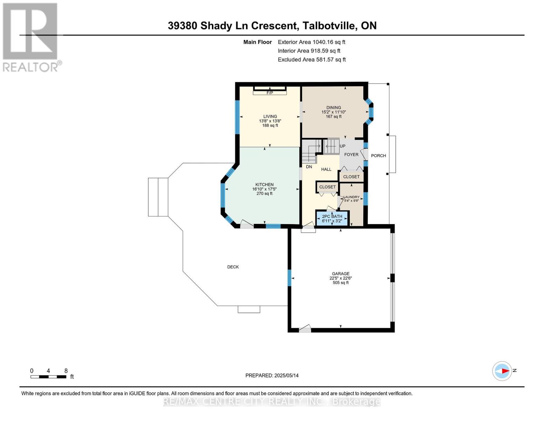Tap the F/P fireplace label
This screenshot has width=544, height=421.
[270, 93]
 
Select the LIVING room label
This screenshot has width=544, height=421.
[270, 116]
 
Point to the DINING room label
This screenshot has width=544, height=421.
[333, 108]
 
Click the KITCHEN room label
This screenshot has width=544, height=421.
[264, 185]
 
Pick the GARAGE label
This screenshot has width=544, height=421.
[340, 274]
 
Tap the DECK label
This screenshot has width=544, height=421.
[233, 267]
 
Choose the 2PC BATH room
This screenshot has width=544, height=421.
[332, 219]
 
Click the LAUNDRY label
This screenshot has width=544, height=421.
[351, 197]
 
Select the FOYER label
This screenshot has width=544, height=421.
[351, 155]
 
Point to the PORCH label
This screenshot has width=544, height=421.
[378, 156]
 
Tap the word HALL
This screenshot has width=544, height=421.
[326, 169]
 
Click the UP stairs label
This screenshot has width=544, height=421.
[343, 146]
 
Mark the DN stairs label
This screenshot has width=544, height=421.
[309, 167]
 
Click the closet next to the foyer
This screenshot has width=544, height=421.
[351, 177]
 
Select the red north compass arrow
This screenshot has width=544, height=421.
[505, 370]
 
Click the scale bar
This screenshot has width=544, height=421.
[48, 376]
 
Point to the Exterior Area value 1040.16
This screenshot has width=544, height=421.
[320, 42]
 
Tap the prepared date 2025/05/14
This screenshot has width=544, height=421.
[287, 376]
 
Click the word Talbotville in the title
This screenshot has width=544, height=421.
[330, 26]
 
